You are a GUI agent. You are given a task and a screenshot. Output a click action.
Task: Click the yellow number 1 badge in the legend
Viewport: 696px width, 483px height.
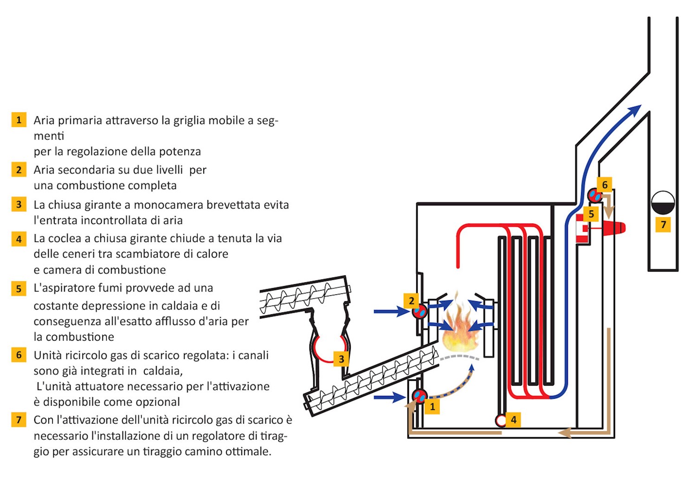coord(19,120)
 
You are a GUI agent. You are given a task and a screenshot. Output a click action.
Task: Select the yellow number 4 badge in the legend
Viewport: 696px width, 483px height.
coord(19,239)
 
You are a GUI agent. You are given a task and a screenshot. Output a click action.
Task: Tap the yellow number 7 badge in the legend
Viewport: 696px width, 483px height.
coord(19,420)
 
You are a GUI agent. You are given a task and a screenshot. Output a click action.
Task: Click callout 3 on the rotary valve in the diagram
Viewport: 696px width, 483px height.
coord(342,359)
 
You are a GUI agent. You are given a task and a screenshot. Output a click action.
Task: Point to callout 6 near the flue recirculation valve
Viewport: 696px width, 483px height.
coord(605,185)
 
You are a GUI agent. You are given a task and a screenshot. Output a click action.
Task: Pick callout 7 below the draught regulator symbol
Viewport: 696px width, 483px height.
coord(664,225)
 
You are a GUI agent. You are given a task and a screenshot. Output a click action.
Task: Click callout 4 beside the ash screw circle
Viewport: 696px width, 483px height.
coord(514,420)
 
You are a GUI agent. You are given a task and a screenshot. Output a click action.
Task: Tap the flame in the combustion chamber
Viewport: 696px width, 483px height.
coord(459,327)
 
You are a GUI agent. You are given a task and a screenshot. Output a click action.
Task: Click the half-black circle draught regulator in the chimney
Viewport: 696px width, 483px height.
coord(663,203)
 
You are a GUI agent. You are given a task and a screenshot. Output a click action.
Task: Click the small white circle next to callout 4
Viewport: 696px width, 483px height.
coord(501,420)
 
